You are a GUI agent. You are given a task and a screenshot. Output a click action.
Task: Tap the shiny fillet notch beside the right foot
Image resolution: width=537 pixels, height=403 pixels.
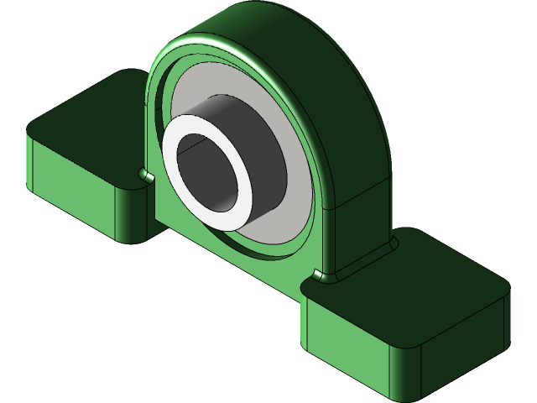pos(318,275)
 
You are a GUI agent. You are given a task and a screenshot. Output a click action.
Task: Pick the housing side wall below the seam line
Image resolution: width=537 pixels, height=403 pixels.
pos(361,218)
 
